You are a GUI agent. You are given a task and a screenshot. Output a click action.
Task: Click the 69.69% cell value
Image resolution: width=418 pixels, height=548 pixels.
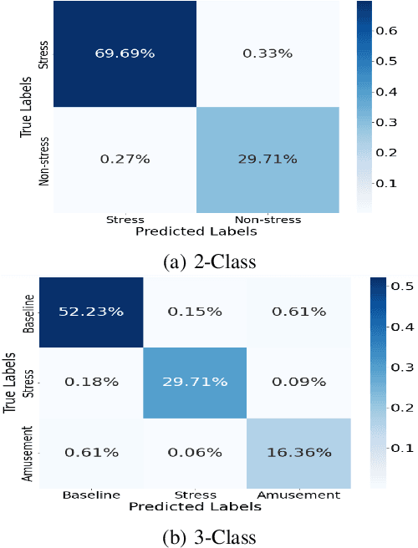tap(125, 53)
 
